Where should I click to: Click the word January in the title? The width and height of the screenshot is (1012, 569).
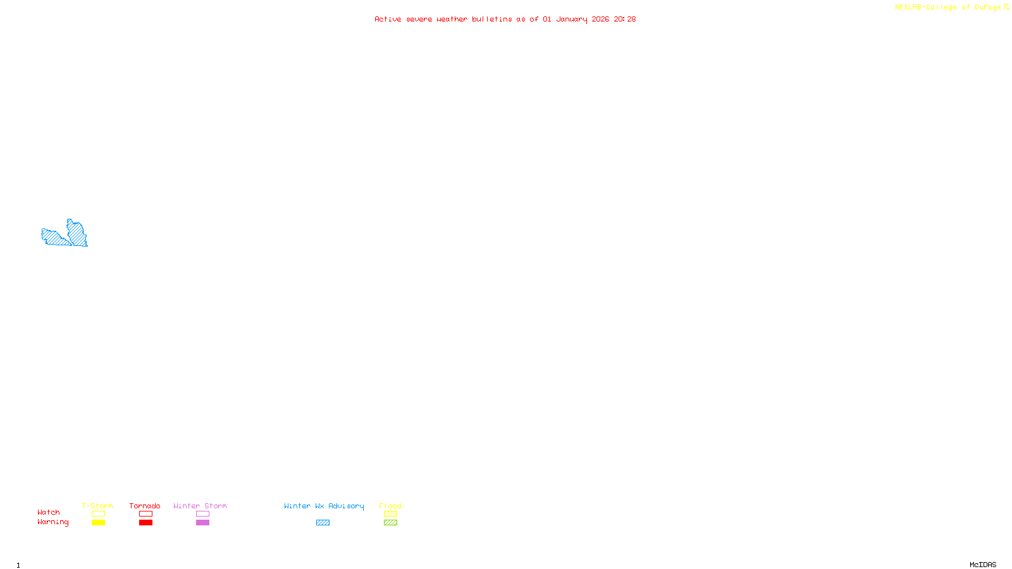(572, 19)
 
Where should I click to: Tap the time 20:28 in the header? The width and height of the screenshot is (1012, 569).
(625, 19)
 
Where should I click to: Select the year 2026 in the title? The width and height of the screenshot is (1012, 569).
(601, 19)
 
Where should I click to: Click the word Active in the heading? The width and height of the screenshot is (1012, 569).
(388, 19)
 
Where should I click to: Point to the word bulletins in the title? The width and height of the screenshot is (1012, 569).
(492, 19)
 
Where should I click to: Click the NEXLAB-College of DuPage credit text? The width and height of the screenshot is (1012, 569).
(948, 7)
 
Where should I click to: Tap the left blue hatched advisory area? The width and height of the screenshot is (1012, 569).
(54, 237)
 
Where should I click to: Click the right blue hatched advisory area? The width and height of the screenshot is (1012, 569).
(77, 233)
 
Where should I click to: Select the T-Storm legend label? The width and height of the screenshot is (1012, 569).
(97, 506)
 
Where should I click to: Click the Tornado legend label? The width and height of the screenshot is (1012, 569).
(145, 506)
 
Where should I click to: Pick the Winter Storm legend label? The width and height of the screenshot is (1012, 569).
(200, 506)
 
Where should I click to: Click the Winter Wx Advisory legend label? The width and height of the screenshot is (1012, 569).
(324, 506)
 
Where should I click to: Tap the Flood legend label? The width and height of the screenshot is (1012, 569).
(390, 506)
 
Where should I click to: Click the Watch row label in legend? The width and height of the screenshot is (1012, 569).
(49, 512)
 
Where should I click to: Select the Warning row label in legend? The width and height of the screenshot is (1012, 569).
(52, 522)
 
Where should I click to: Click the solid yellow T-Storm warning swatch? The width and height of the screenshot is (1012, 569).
(98, 523)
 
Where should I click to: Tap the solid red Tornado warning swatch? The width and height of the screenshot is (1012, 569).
(146, 523)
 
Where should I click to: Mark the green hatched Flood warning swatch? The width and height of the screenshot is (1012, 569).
(391, 523)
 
